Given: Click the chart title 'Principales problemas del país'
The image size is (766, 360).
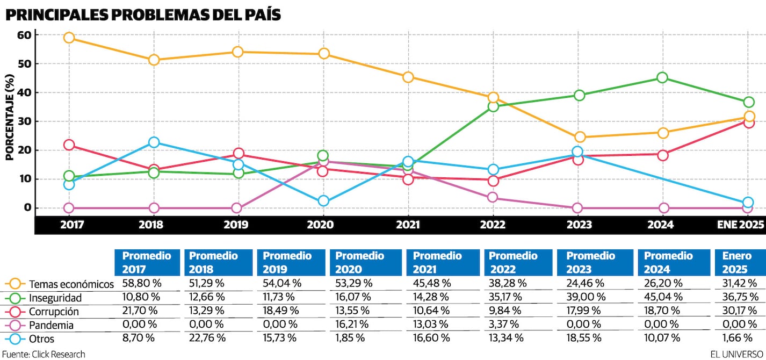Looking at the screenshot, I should point(143,15).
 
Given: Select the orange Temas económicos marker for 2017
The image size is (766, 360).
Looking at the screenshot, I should point(69,38).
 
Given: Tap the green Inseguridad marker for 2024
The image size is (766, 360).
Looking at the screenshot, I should point(662,78).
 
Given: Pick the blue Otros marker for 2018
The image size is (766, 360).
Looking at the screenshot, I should point(154,142).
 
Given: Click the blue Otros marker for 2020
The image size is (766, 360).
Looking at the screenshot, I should point(323,201).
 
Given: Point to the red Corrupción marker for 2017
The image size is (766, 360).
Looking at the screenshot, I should point(69,145).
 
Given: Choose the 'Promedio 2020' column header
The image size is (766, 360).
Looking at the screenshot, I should point(360,262).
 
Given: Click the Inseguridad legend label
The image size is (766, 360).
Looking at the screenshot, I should point(55,297).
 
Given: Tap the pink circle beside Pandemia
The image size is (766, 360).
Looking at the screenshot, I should point(15,325).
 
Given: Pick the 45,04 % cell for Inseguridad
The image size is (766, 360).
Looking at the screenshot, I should point(662,297).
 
